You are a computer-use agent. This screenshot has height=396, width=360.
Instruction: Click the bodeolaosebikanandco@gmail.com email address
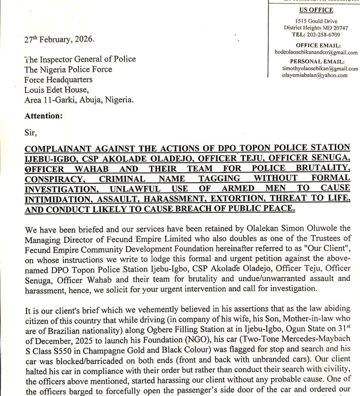316,52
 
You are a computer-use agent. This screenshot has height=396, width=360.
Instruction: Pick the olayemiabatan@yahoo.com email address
314,75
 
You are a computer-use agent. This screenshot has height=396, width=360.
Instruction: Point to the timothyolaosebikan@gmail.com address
315,68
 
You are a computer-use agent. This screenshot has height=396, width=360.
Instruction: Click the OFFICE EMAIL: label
316,46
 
